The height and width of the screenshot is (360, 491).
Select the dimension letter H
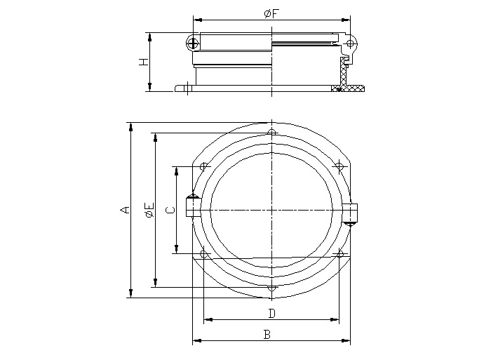[x=143, y=62]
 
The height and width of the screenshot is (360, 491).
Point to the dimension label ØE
[x=148, y=209]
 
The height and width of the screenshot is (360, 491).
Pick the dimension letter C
[x=169, y=209]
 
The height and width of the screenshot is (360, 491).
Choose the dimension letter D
[x=271, y=313]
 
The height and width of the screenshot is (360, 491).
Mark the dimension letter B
[x=267, y=335]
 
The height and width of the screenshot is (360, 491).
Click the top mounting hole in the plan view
[x=271, y=133]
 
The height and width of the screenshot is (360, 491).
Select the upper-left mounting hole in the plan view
[x=203, y=167]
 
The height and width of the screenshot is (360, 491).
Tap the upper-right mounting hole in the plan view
[x=339, y=167]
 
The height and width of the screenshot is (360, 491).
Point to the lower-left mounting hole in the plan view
[x=203, y=253]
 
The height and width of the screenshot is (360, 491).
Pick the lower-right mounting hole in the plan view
[x=339, y=253]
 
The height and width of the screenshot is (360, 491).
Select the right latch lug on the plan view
[x=352, y=213]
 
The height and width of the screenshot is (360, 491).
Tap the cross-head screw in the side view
[x=194, y=44]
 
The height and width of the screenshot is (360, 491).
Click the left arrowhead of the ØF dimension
[x=196, y=20]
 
